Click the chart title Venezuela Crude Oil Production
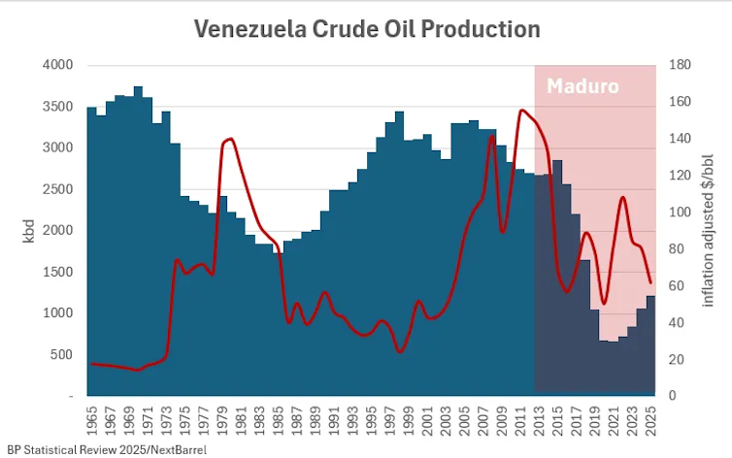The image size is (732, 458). coord(367,29)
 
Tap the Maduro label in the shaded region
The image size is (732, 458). coord(582,86)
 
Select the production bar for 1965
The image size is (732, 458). coord(91,252)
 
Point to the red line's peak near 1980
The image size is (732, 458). coord(230,140)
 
